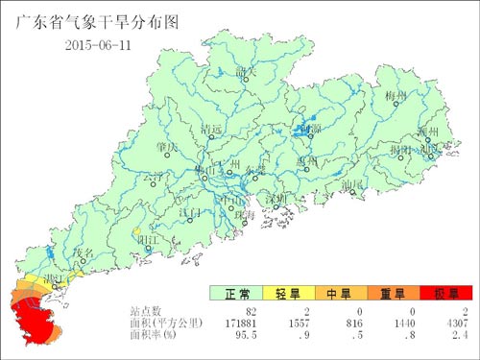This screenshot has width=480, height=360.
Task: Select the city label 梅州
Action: (396, 97)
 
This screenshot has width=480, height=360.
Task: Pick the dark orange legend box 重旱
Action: (395, 294)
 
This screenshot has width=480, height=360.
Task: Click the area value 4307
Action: (454, 324)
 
